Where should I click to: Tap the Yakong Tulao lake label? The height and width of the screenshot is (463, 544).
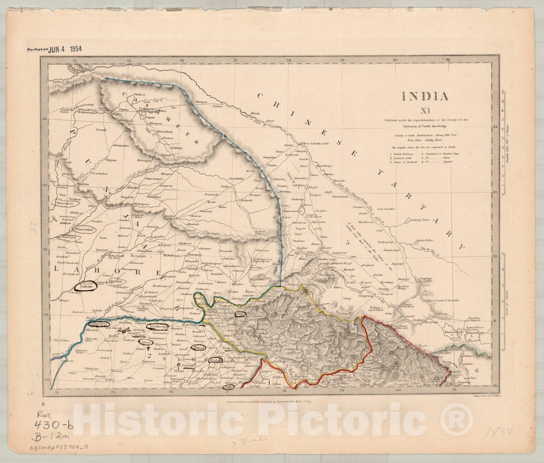tap(421, 220)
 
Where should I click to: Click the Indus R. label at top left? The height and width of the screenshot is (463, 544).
tap(59, 82)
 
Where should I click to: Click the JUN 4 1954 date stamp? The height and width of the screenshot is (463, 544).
tap(65, 49)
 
